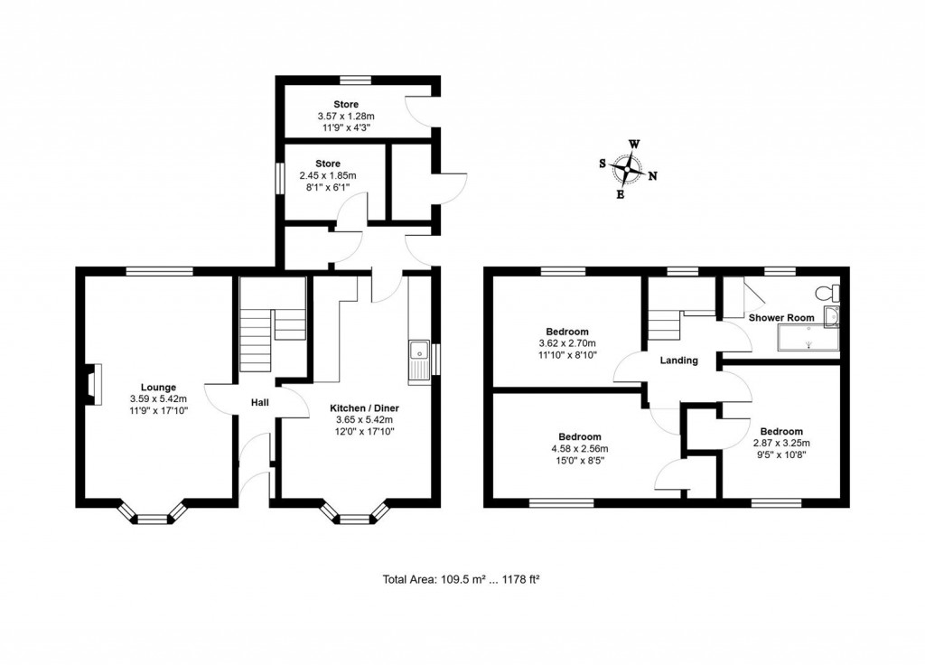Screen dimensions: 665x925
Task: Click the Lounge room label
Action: click(x=146, y=388)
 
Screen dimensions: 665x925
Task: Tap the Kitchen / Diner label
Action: click(x=364, y=408)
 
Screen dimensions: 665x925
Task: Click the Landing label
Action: click(x=678, y=361)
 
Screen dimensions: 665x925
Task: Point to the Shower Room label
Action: click(x=780, y=318)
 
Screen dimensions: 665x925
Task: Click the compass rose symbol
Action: click(x=626, y=169)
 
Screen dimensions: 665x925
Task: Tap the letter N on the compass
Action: click(x=652, y=176)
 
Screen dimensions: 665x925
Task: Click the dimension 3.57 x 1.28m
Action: click(x=345, y=117)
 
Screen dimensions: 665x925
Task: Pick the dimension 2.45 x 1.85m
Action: click(x=327, y=175)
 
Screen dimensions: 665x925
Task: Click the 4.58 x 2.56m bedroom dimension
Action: click(x=566, y=449)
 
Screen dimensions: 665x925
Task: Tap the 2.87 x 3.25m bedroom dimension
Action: click(x=781, y=443)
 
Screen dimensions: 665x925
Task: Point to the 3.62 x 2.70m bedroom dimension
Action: click(x=566, y=343)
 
